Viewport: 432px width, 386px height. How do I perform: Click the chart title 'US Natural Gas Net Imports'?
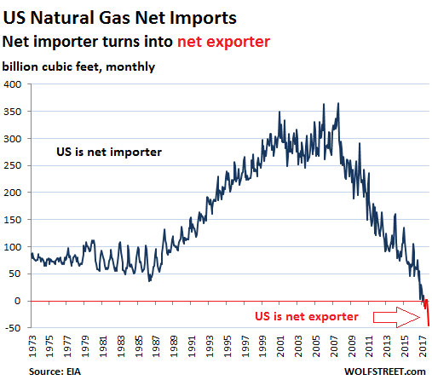119,19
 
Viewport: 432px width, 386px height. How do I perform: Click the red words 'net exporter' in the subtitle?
223,43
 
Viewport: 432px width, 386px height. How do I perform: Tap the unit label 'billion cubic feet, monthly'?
78,67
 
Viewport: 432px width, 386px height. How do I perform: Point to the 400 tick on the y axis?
12,84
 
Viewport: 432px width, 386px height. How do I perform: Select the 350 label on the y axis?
12,112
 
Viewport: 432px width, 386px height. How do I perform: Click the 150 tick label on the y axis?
12,220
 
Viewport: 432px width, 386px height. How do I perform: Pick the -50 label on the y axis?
13,328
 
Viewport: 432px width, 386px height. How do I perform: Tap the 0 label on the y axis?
18,301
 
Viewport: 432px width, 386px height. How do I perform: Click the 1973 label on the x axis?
32,346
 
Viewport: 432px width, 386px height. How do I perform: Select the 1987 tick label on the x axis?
157,346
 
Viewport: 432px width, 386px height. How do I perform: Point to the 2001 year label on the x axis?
280,346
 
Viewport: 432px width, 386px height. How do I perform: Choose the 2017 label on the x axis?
423,346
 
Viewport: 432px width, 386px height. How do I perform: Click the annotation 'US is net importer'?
109,153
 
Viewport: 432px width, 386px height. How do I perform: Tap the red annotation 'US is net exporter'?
307,317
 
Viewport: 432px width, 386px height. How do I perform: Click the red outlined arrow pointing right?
396,317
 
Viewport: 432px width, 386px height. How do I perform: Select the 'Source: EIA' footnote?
55,372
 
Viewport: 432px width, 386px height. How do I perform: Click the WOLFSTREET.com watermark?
385,372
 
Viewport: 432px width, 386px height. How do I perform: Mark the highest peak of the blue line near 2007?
338,103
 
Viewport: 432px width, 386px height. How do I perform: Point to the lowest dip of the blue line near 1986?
149,281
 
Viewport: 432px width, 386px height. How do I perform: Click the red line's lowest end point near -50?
429,326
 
